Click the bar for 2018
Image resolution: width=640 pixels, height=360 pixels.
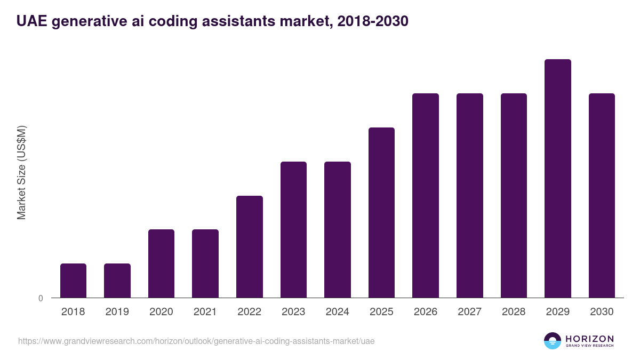73,281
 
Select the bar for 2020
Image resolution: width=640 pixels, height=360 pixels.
161,263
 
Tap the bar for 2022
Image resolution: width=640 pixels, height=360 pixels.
250,246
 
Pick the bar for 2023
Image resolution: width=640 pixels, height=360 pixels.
293,229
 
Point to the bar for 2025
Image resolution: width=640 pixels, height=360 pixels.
381,212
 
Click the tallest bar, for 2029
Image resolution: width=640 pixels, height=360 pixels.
557,178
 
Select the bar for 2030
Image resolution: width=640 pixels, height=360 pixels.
602,195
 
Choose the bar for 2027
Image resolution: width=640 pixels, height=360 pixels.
469,195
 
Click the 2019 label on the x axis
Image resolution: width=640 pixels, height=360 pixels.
117,312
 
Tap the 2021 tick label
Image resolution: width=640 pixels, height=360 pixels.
205,312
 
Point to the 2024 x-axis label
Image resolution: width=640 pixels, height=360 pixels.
337,312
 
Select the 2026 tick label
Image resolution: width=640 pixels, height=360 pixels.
425,312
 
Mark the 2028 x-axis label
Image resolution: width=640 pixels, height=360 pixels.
514,312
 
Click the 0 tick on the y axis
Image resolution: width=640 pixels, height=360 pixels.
41,299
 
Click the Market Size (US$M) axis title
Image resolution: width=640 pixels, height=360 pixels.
21,172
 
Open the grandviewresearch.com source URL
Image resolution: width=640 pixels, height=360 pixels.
196,341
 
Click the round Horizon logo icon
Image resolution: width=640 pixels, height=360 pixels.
553,341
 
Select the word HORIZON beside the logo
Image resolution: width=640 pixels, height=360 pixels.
589,338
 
